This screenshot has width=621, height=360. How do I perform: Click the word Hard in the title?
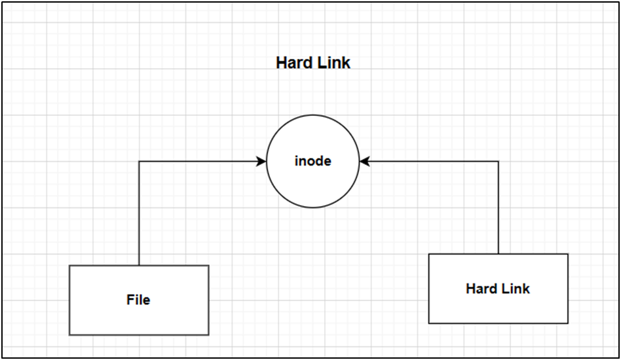pos(293,63)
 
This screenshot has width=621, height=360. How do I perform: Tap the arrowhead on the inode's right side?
pos(364,161)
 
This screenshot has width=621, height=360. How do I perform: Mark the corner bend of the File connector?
pos(139,161)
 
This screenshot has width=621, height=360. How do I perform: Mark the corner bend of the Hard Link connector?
pos(499,161)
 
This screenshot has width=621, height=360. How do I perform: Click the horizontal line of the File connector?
pos(197,161)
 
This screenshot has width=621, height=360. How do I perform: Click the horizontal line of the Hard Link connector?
pos(432,161)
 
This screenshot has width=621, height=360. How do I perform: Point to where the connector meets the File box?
pos(139,265)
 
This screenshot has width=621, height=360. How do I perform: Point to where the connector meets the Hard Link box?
pos(499,254)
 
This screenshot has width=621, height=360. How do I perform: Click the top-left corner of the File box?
pos(69,265)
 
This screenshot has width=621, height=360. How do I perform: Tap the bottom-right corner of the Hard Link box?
pos(568,323)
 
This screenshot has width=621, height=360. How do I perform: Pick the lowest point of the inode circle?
pos(313,207)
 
